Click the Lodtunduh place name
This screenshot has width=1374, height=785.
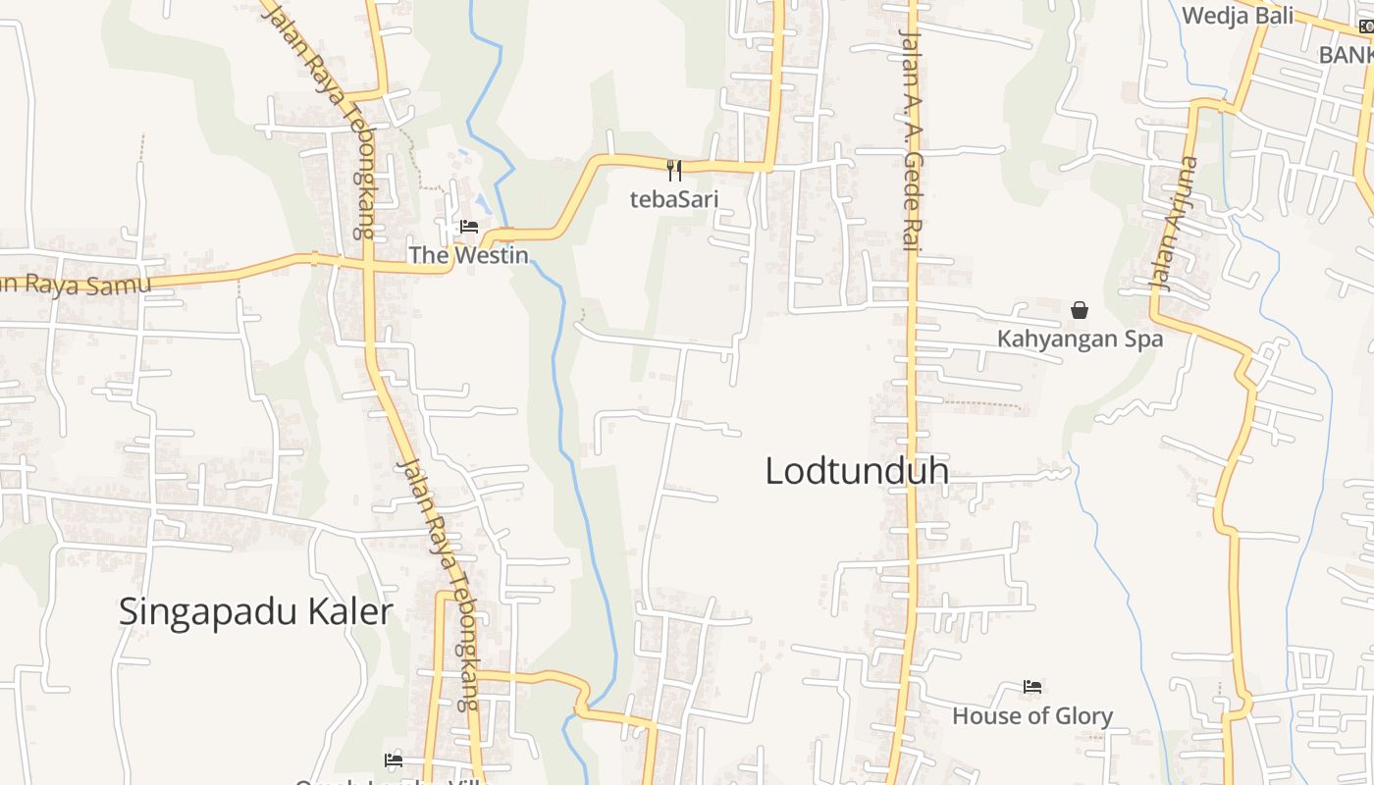(857, 471)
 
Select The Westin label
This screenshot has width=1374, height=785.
(468, 255)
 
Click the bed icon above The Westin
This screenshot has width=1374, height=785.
(469, 227)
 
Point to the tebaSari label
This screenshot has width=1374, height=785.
(674, 199)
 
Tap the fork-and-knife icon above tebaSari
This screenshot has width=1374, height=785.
(674, 171)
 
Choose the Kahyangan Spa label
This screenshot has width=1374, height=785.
(1080, 339)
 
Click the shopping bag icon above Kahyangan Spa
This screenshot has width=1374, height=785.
(1080, 310)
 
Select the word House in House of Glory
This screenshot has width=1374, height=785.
(984, 716)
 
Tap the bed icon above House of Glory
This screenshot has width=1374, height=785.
(1032, 687)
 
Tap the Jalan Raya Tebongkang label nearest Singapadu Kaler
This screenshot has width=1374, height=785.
(439, 584)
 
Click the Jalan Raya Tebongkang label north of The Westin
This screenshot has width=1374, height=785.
(324, 118)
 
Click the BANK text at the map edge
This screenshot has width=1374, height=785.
(1346, 55)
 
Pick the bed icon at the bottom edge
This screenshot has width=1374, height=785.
(394, 760)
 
